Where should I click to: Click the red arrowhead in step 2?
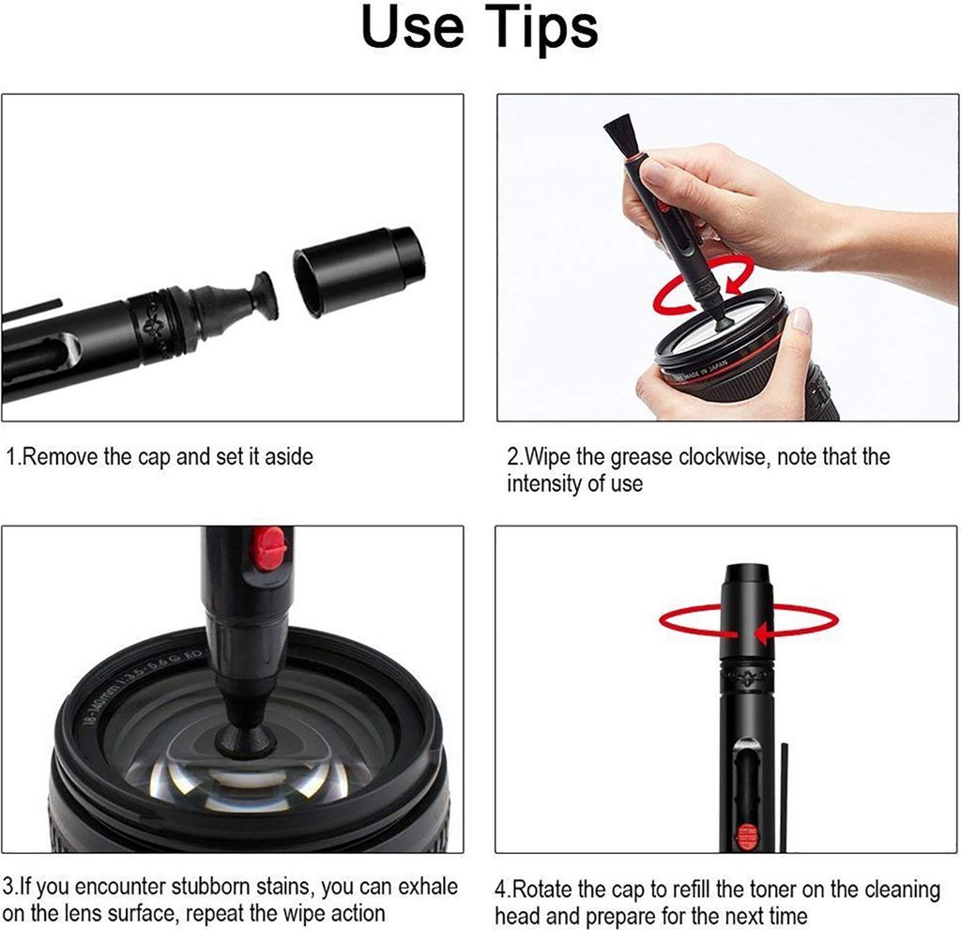click(x=734, y=283)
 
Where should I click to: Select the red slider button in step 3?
click(x=269, y=547)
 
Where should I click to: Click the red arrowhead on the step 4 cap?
click(x=762, y=633)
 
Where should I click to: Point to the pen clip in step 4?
click(x=784, y=798)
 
